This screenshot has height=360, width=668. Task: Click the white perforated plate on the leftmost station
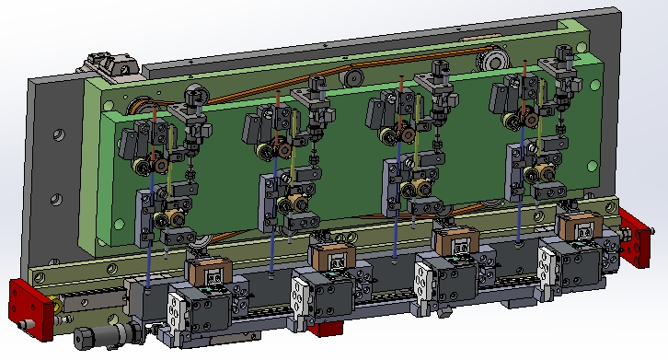tap(177, 314)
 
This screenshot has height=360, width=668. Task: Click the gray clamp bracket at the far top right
tap(560, 64)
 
